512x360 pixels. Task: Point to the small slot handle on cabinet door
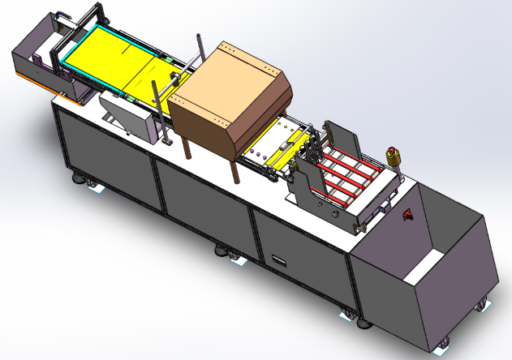[x=280, y=261]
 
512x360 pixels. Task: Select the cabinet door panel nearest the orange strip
[x=105, y=150]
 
